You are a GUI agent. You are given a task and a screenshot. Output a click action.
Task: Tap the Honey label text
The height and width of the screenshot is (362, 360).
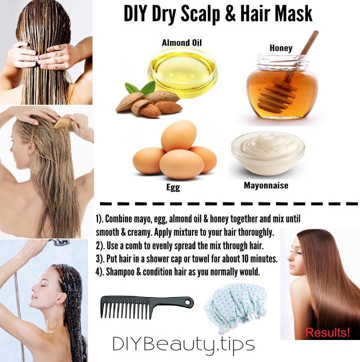tap(280, 48)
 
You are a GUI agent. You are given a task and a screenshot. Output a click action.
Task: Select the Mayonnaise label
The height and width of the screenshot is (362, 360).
tap(266, 185)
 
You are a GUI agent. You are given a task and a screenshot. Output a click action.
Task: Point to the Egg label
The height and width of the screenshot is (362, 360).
tap(172, 188)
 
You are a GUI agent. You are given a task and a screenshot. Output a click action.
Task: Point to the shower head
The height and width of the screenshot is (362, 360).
tap(61, 242)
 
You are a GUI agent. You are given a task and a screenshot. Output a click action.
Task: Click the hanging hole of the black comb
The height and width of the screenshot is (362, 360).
tap(188, 302)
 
